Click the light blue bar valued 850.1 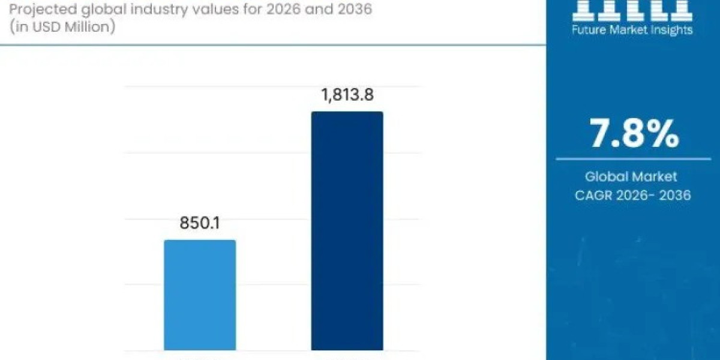tap(200, 295)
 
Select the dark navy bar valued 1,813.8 tap(347, 230)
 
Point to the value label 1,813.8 tap(347, 94)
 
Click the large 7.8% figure tap(634, 134)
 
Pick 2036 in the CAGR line tap(675, 195)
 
